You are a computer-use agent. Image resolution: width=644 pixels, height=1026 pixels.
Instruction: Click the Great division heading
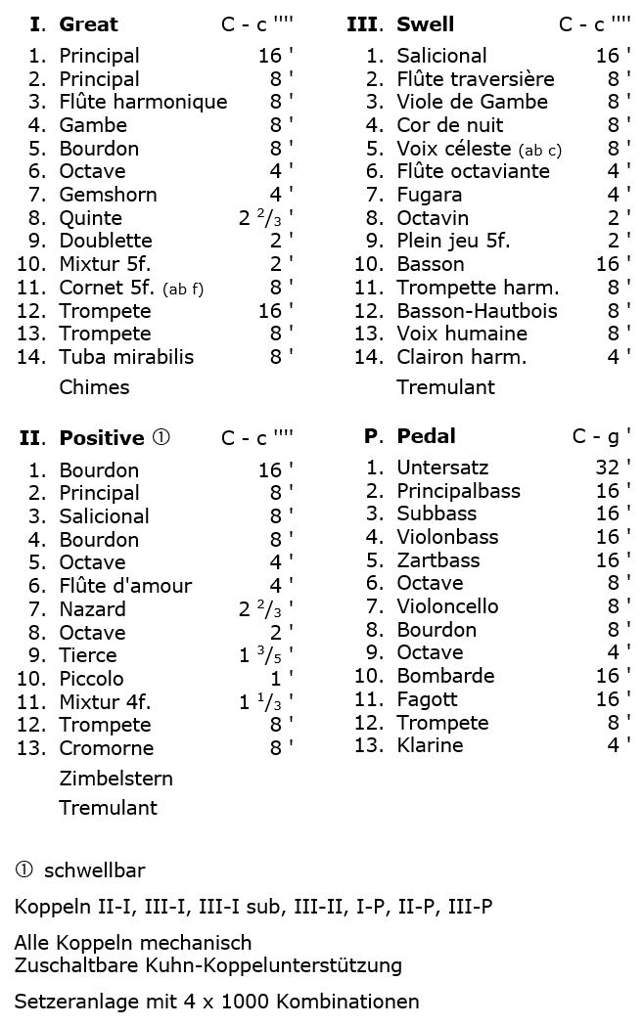click(88, 24)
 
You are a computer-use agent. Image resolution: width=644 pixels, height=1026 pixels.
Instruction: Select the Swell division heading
click(425, 24)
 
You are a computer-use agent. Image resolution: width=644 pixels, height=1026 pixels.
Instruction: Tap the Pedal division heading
click(426, 436)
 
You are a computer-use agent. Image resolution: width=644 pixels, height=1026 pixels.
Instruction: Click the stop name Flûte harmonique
click(143, 102)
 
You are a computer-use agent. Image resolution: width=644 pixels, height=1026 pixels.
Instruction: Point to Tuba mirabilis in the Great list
click(126, 357)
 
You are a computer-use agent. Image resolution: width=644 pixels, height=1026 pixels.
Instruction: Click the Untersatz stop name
click(442, 468)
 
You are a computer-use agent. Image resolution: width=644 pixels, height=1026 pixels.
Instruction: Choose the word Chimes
click(94, 387)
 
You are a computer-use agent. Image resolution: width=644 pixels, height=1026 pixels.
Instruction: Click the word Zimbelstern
click(115, 779)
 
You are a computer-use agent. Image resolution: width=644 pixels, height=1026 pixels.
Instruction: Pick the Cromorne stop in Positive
click(106, 748)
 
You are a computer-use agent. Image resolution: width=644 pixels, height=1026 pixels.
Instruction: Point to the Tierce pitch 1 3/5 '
click(265, 655)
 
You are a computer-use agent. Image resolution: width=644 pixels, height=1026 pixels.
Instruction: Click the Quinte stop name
click(91, 218)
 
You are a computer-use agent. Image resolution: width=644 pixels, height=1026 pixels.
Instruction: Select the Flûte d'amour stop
click(125, 586)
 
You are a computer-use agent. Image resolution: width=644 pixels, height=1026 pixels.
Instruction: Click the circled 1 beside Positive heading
click(161, 438)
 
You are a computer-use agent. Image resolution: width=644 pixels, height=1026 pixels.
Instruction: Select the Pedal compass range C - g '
click(601, 436)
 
